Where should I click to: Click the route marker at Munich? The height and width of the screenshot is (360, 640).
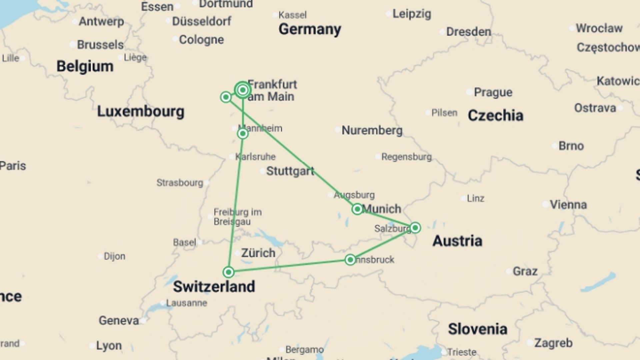click(357, 209)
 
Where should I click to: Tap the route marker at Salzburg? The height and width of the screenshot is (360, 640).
click(415, 228)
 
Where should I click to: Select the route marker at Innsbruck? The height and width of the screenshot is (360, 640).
click(350, 260)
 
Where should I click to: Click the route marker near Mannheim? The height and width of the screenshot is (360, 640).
click(243, 134)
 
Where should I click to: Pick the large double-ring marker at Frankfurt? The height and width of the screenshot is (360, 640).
click(243, 90)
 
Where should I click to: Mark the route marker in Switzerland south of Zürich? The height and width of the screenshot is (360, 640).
click(228, 272)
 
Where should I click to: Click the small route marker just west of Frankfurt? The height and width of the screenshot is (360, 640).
click(226, 97)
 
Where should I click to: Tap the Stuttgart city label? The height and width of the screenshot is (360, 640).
click(290, 171)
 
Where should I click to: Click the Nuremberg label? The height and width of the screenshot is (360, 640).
click(372, 130)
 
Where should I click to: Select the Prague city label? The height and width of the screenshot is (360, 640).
click(493, 92)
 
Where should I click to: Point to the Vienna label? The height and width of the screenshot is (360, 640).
click(568, 204)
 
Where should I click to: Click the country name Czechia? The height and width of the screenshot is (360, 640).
click(495, 115)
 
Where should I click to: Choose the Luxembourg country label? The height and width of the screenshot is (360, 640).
click(140, 111)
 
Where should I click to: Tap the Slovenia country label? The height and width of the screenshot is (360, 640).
click(477, 329)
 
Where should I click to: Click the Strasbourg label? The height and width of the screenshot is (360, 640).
click(180, 183)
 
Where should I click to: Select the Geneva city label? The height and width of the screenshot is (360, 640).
click(119, 320)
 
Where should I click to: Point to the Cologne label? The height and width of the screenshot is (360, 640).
click(201, 39)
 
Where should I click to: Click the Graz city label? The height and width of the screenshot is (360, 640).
click(525, 271)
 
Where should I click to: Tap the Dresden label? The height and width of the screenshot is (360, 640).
click(468, 32)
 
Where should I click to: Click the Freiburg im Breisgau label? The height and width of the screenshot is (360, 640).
click(237, 217)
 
